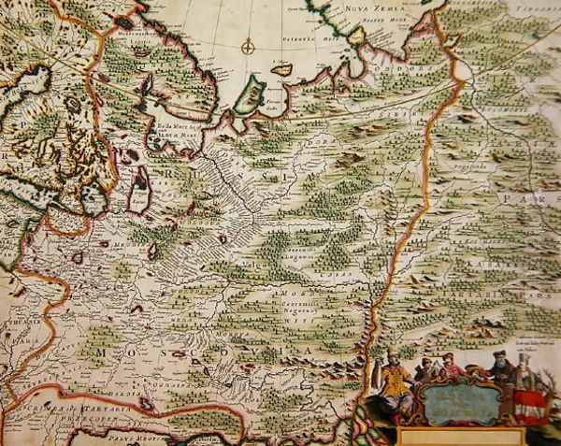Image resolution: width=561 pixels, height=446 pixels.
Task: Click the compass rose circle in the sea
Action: pos(248,46)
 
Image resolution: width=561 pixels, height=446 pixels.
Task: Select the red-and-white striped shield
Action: pos(529,403)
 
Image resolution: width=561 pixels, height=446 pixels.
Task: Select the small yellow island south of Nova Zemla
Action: pos(280,69)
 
